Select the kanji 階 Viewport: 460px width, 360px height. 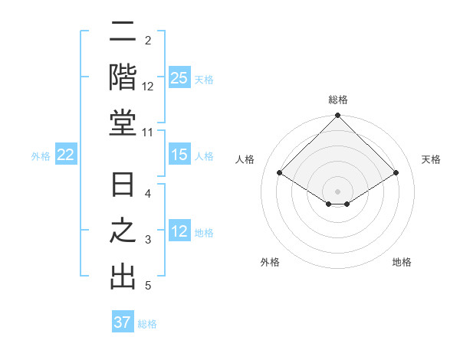123,77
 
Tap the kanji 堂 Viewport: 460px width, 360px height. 123,123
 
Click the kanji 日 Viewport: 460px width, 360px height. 123,186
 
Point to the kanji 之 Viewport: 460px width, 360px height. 123,231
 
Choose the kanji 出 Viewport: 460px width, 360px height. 123,277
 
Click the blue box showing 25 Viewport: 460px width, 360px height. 179,77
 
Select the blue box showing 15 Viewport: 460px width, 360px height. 179,155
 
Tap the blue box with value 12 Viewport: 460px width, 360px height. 179,231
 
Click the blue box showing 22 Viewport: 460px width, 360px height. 66,155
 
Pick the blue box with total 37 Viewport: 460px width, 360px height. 123,322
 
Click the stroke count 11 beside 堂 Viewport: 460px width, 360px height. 148,133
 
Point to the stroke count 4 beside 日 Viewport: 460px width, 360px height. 148,194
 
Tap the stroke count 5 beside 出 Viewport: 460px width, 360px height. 148,286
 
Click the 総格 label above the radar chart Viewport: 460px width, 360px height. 338,100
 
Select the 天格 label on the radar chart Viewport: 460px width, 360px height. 432,159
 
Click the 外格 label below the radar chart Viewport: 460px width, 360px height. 270,262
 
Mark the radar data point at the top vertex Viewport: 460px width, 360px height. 338,116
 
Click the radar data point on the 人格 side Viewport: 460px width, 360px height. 280,172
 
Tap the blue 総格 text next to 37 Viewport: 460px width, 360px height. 147,323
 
